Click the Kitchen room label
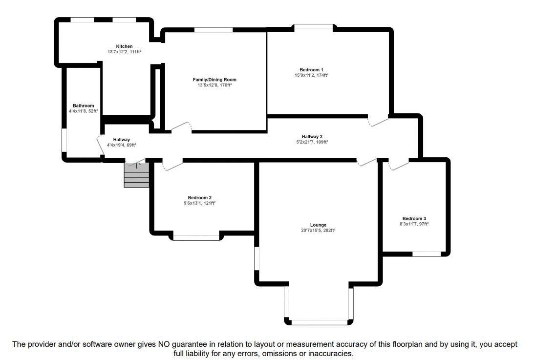tap(124, 46)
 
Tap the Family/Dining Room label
tap(214, 80)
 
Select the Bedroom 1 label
tap(312, 70)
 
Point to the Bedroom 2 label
tap(200, 198)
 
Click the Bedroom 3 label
tap(414, 219)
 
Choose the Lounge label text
tap(319, 225)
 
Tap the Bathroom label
tap(83, 106)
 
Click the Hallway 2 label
tap(312, 137)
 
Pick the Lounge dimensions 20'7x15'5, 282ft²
tap(319, 231)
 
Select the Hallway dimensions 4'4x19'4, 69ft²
tap(122, 145)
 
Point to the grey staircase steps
tap(136, 175)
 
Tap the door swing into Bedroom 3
tap(399, 165)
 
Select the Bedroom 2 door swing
tap(172, 165)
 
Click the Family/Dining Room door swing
tap(181, 126)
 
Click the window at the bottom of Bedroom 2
tap(196, 237)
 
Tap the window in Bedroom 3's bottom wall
tap(427, 254)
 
